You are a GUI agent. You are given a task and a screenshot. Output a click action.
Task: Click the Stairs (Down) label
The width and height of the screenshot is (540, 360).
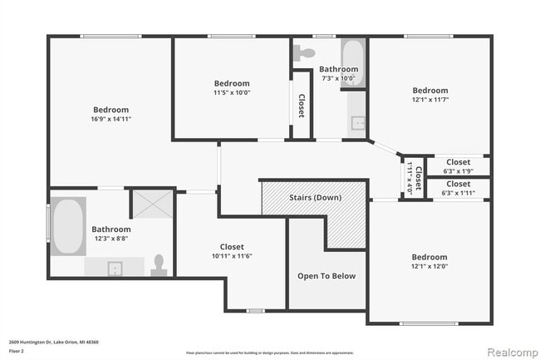314,198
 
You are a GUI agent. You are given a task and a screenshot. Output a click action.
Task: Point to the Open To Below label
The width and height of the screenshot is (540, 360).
326,276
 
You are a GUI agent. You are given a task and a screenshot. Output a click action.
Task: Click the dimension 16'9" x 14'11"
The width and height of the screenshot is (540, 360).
110,120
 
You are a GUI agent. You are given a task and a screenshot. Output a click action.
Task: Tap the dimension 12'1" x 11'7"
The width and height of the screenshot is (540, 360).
430,100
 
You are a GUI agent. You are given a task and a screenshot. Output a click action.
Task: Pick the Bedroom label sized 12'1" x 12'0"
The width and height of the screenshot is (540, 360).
430,258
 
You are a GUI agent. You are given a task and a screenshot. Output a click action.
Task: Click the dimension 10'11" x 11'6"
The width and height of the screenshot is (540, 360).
232,256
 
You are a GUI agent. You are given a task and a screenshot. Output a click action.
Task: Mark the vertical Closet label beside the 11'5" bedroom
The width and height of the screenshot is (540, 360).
301,106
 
